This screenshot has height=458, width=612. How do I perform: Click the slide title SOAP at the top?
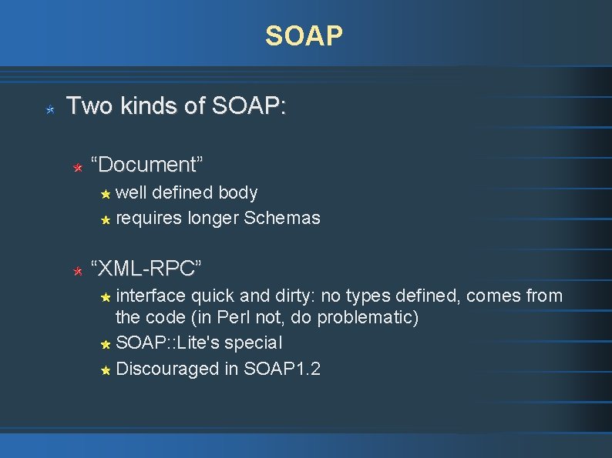[x=304, y=35]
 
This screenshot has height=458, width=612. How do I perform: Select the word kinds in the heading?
[x=145, y=105]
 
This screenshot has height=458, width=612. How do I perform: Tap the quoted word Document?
[x=146, y=164]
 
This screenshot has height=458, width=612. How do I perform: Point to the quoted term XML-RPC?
[x=146, y=268]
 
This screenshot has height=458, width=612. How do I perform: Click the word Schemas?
[x=281, y=218]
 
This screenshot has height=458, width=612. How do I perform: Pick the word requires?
[x=149, y=218]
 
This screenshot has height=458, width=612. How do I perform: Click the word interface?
[x=150, y=295]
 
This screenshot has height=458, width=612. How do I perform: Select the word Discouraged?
[x=167, y=369]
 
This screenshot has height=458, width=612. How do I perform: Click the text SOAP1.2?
[x=282, y=369]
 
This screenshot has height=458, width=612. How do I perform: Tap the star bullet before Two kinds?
[x=49, y=110]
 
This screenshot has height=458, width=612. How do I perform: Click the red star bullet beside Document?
[x=77, y=166]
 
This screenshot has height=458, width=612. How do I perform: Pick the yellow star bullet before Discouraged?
[x=106, y=370]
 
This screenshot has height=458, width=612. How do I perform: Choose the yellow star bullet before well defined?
[x=106, y=194]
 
